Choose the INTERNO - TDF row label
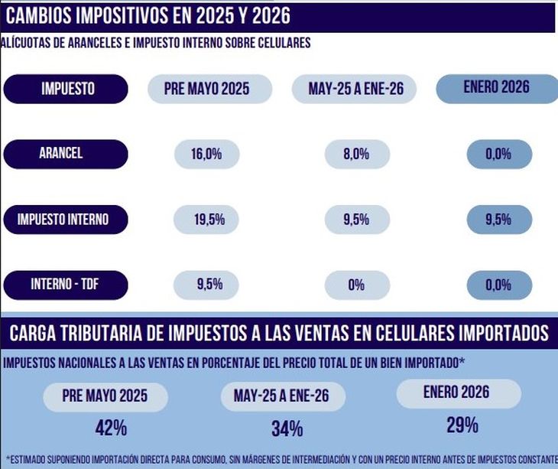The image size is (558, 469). [66, 285]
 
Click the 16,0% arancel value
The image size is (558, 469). [207, 155]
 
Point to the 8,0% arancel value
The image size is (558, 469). [356, 155]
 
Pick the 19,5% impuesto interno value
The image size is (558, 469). [209, 220]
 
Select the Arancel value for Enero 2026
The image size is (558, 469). [498, 155]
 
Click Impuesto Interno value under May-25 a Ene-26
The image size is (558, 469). [356, 220]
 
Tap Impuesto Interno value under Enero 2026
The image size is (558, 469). [498, 220]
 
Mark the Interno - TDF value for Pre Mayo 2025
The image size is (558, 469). [209, 285]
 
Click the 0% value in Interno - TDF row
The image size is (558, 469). [356, 286]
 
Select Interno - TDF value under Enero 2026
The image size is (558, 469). [498, 285]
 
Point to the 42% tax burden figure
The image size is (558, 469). [111, 428]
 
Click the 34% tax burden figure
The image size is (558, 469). [287, 428]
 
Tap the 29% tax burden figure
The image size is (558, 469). [462, 425]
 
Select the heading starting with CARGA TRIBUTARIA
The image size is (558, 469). [278, 333]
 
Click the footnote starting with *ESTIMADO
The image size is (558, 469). [278, 459]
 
